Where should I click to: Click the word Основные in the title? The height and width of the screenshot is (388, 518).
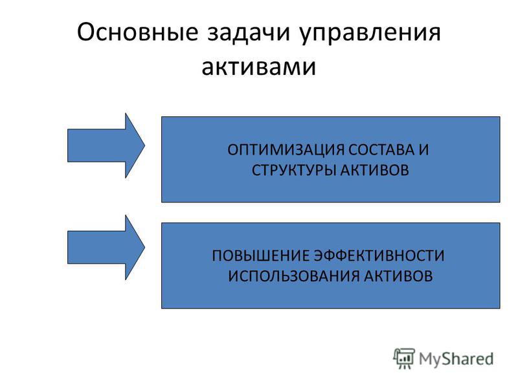pos(137,32)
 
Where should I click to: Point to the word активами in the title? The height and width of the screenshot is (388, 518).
pos(258,66)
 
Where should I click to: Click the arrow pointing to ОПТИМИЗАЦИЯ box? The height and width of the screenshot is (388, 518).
pos(106,145)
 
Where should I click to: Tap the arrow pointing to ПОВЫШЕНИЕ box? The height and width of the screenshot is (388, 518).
pos(106,248)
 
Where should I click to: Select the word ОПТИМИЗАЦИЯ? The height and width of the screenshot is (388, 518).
pos(286,150)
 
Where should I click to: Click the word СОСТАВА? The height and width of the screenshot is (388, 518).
pos(381,149)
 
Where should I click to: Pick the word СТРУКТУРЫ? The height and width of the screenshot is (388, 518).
pos(294,170)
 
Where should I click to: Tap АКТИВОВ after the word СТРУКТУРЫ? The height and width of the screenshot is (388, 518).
pos(374,170)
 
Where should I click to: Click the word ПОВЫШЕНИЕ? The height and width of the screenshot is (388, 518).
pos(260,255)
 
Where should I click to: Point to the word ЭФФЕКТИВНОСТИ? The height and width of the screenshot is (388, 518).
pos(379,255)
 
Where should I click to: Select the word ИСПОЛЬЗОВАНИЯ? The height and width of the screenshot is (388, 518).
pos(294,276)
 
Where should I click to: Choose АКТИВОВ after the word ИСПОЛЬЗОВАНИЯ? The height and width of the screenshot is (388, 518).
pos(398,276)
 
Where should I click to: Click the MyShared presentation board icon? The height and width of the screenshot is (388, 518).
pos(404,358)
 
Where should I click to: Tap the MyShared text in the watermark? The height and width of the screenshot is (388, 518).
pos(456,359)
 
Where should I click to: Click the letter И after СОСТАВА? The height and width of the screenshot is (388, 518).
pos(424,150)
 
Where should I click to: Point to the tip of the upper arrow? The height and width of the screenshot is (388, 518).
pos(144,145)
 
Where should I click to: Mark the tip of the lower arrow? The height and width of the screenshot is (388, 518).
pos(144,248)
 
